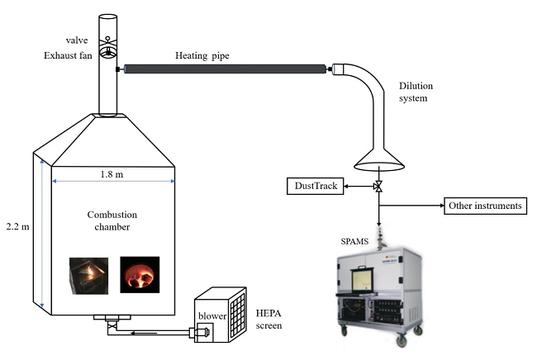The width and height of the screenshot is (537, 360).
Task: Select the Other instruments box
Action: (486, 205)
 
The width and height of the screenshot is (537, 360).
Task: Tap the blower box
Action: (207, 315)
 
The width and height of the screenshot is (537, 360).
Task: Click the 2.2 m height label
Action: (17, 226)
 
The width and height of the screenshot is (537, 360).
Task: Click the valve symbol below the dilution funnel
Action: (378, 187)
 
